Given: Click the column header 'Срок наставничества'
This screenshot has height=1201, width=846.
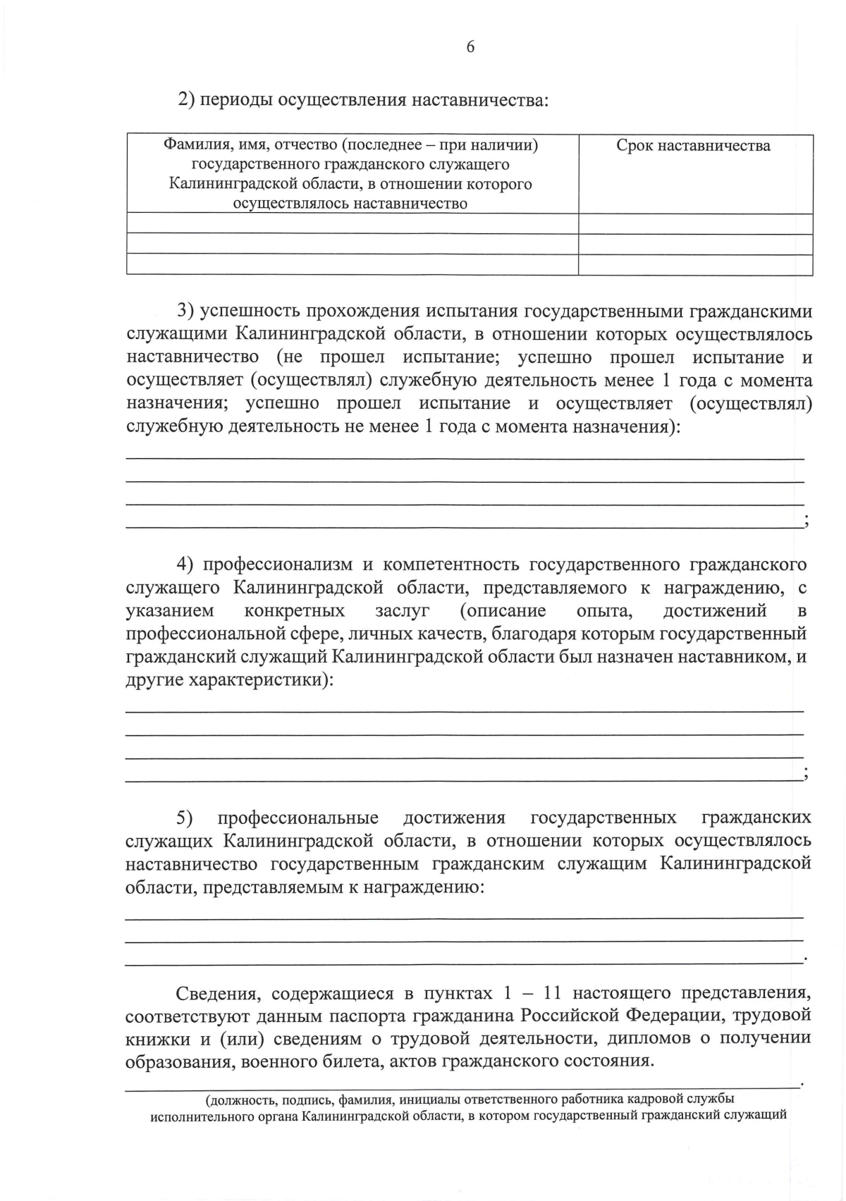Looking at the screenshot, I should pos(693,146).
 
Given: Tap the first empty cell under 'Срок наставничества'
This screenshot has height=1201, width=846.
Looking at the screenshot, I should pos(694,223).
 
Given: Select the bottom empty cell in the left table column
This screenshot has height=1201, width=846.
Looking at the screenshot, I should pos(352,264).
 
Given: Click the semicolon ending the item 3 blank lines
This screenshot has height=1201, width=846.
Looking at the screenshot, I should pos(805,522).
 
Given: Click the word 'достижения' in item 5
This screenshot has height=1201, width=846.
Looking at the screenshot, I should pos(454,818).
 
